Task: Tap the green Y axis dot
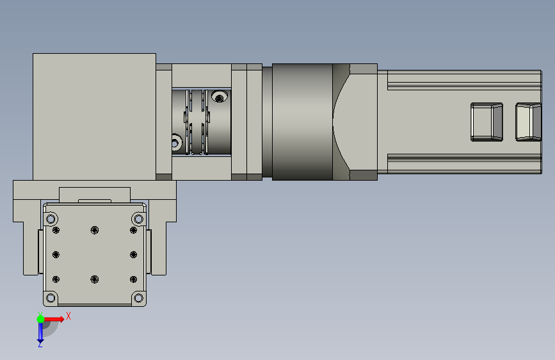point(40,319)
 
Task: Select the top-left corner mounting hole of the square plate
point(51,219)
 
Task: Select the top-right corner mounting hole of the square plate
point(138,219)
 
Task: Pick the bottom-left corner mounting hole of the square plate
point(51,298)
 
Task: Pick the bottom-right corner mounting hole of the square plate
point(138,298)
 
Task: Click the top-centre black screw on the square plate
point(95,231)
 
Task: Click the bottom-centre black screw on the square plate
point(95,279)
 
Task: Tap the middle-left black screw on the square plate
point(56,255)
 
